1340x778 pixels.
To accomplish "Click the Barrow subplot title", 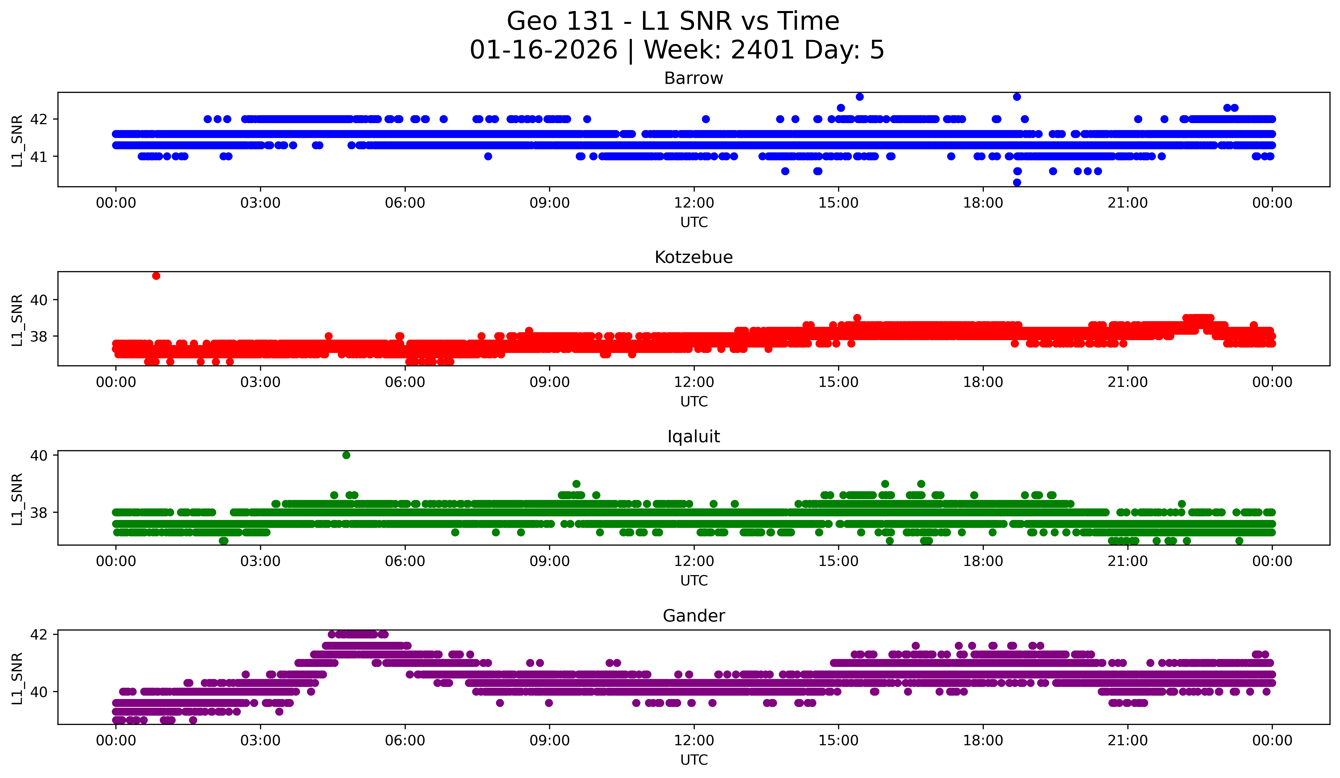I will (x=693, y=78).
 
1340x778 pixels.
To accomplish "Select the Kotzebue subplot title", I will (x=693, y=257).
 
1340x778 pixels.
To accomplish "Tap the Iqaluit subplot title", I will (x=693, y=437).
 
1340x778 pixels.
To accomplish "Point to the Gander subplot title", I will (x=693, y=616).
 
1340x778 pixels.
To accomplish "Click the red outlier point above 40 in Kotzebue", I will (x=156, y=275).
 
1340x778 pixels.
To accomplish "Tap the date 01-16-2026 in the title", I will (x=543, y=50).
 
